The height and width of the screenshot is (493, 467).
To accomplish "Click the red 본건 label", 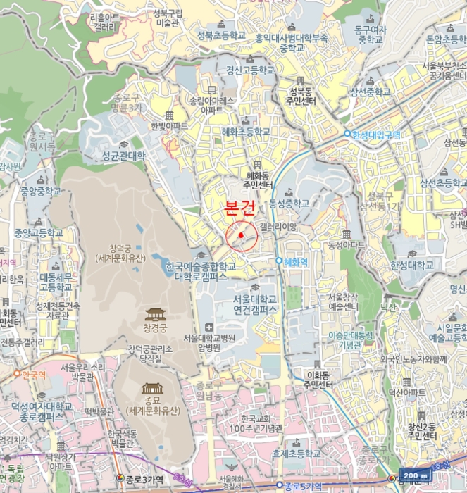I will click(x=239, y=209).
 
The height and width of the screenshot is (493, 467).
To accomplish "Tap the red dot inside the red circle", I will click(x=240, y=235).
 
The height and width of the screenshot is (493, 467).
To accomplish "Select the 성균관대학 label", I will click(x=123, y=155).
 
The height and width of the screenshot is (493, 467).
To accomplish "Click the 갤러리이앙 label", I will click(x=278, y=226).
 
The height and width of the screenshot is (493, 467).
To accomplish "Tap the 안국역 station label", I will click(x=32, y=375).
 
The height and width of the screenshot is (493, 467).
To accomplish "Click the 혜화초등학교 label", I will click(x=245, y=131).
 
